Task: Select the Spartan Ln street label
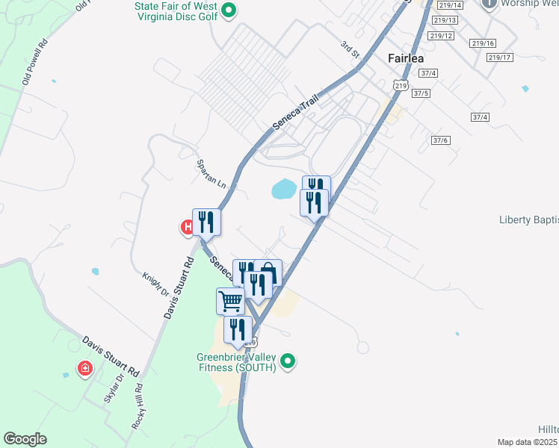click(210, 172)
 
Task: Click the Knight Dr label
click(155, 284)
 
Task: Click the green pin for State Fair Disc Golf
click(230, 10)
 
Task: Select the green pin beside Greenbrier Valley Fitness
click(288, 362)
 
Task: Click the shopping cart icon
click(231, 302)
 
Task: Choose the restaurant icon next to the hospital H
click(207, 222)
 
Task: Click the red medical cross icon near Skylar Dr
click(86, 368)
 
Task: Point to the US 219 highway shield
click(401, 87)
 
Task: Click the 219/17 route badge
click(498, 57)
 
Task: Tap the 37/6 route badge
click(440, 140)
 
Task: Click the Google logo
click(25, 438)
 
